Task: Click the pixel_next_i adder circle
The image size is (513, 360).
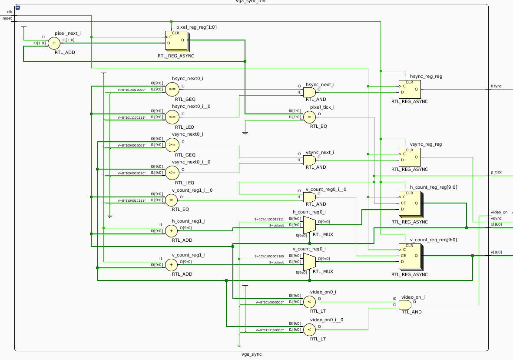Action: pyautogui.click(x=54, y=43)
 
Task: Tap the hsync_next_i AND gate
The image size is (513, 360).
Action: pyautogui.click(x=309, y=92)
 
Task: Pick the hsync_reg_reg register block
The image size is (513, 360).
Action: pyautogui.click(x=409, y=89)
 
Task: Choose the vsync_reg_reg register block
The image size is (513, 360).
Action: pyautogui.click(x=409, y=157)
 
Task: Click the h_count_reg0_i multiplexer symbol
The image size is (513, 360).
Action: pyautogui.click(x=309, y=225)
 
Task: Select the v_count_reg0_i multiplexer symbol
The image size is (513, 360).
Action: pyautogui.click(x=309, y=262)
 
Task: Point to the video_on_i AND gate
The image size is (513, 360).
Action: pyautogui.click(x=404, y=304)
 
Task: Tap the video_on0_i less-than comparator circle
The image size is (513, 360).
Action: pyautogui.click(x=309, y=301)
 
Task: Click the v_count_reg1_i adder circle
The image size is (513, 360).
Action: pyautogui.click(x=172, y=264)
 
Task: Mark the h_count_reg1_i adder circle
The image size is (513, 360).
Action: pyautogui.click(x=172, y=230)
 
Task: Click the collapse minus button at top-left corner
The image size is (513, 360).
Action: pyautogui.click(x=17, y=8)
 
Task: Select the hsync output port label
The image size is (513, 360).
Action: pyautogui.click(x=496, y=86)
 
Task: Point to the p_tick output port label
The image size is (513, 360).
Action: pyautogui.click(x=496, y=172)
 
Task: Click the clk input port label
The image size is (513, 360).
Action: pyautogui.click(x=10, y=12)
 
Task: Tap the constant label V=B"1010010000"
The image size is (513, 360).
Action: pyautogui.click(x=132, y=90)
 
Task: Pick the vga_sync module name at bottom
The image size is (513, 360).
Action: pyautogui.click(x=252, y=354)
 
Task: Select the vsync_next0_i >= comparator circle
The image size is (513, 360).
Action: pyautogui.click(x=172, y=145)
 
